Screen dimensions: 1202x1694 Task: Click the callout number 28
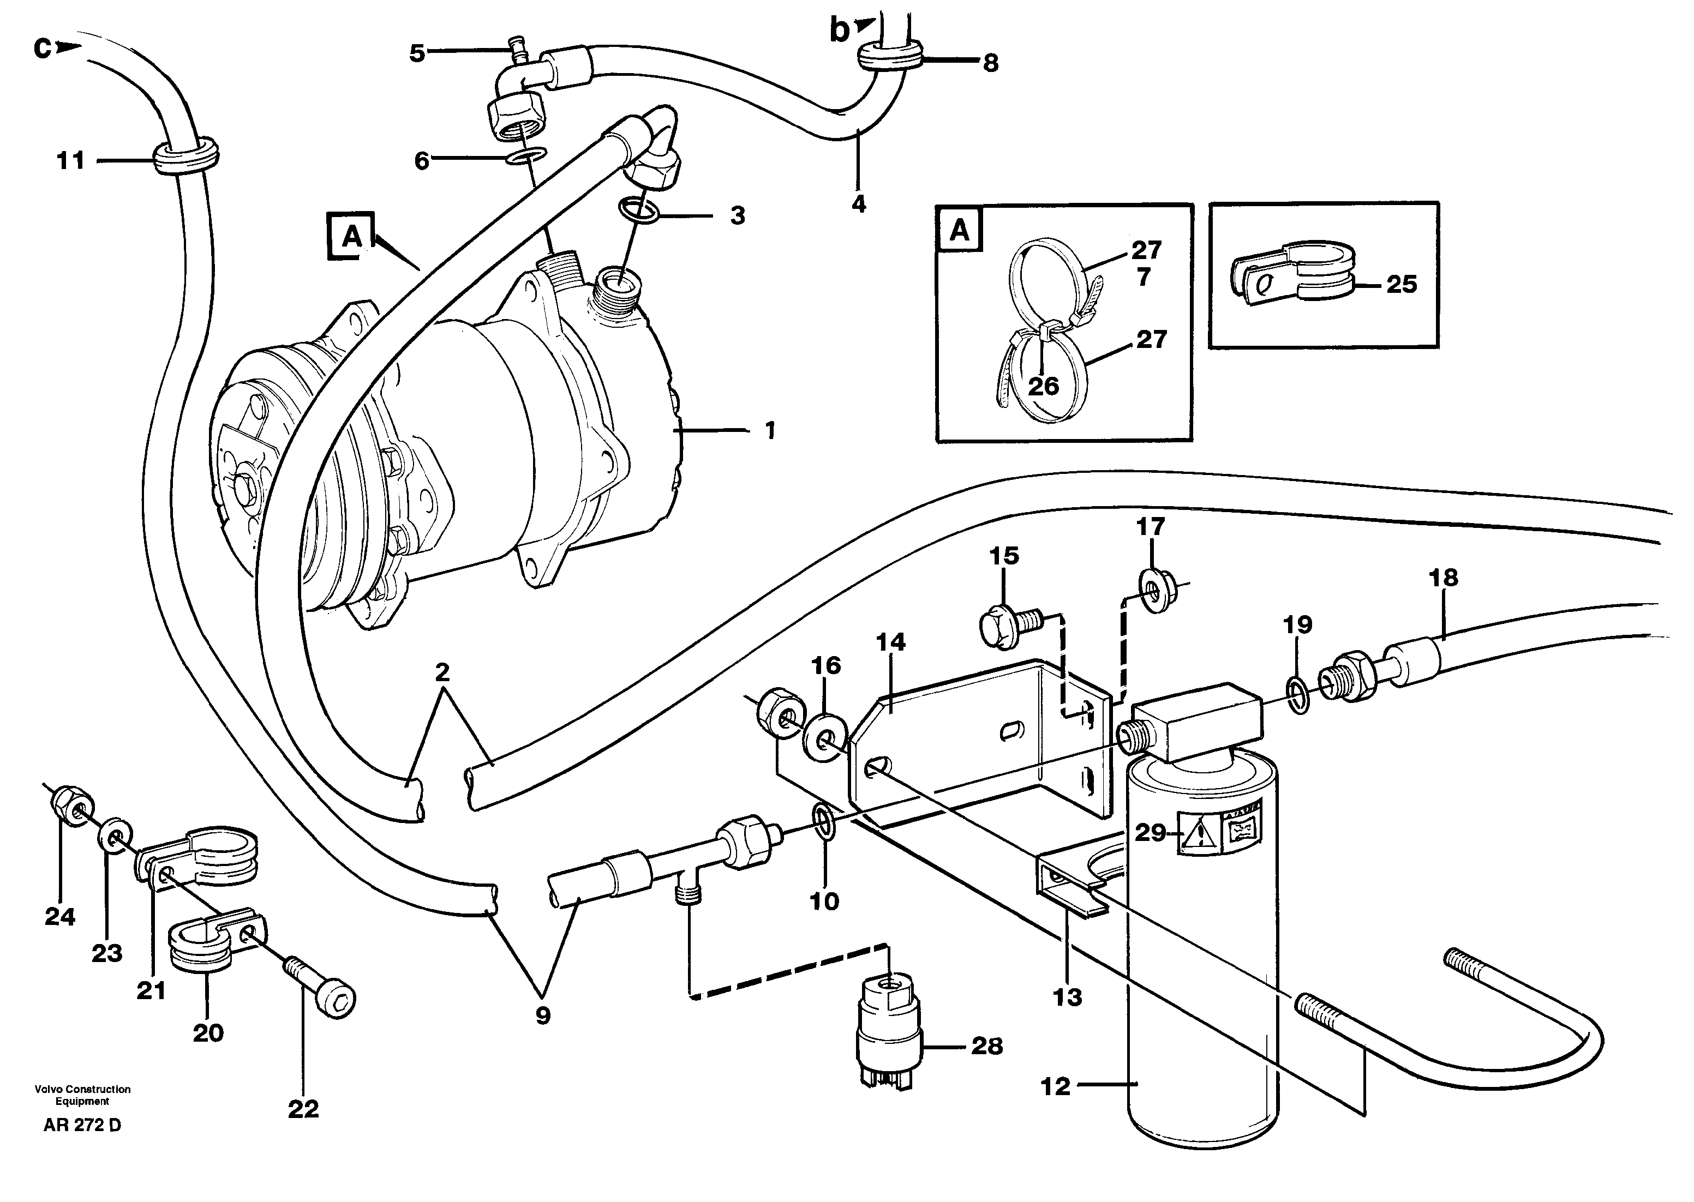tap(987, 1046)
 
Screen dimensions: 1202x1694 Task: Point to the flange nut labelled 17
tap(1153, 591)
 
